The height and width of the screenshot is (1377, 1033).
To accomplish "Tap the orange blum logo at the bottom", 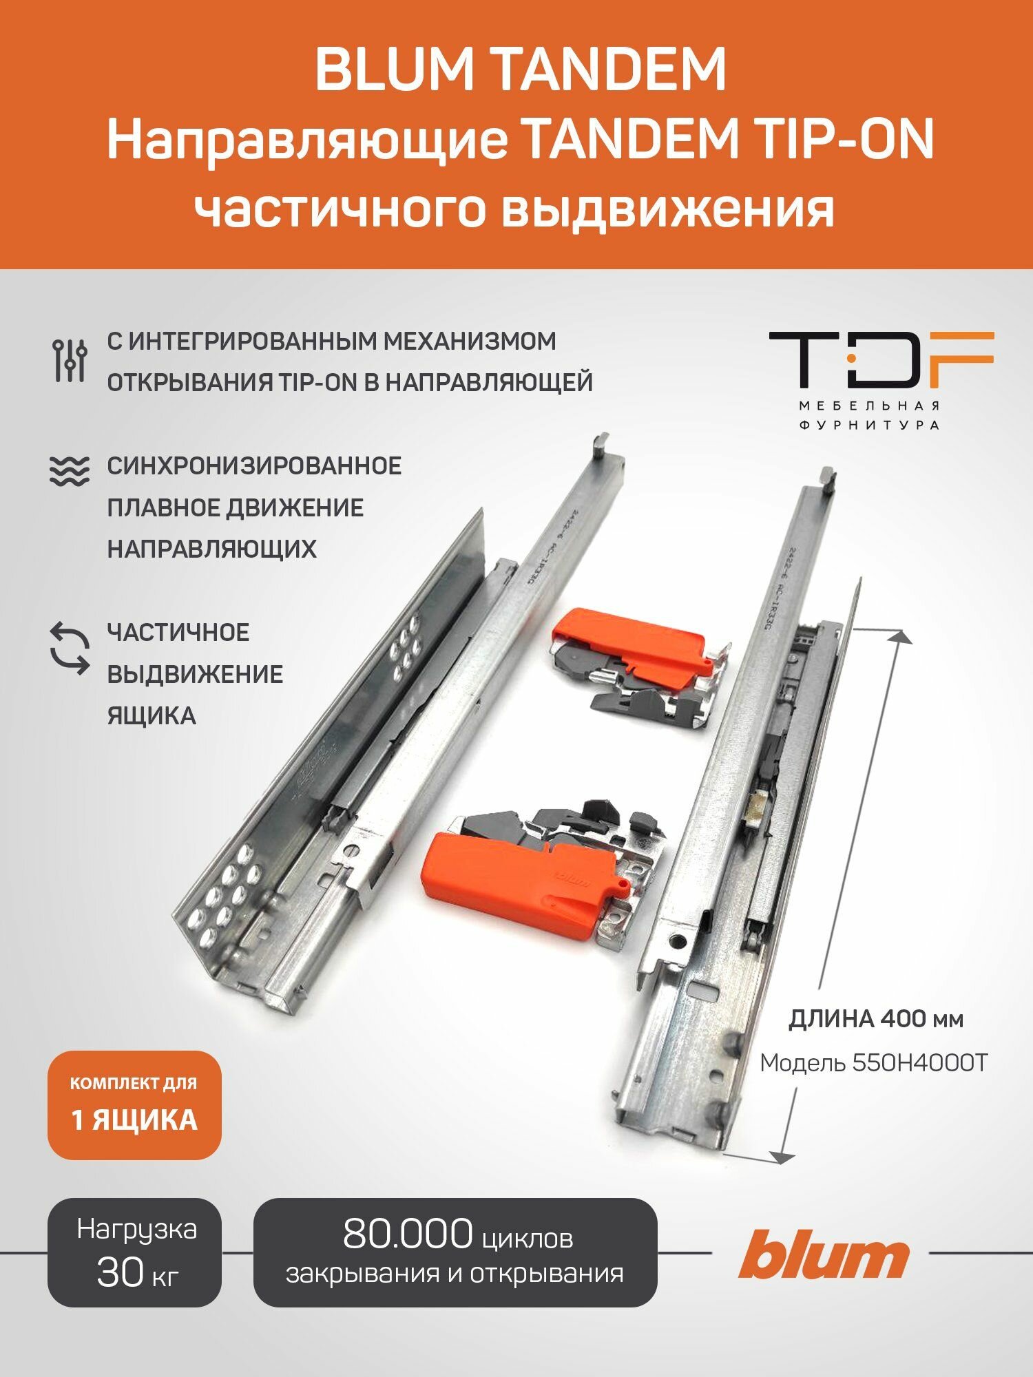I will point(824,1254).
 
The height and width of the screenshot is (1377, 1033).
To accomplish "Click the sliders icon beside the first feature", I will point(70,361).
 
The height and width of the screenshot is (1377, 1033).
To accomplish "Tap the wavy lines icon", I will point(70,472).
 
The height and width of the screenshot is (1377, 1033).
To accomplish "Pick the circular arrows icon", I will point(70,648).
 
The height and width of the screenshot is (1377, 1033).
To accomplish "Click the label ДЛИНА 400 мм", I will point(875,1018).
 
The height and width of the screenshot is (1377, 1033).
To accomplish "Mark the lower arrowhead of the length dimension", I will point(781,1157).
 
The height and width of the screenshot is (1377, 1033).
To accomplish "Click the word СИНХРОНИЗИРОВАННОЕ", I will point(254,466).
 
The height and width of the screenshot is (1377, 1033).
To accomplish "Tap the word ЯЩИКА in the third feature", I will point(152,716).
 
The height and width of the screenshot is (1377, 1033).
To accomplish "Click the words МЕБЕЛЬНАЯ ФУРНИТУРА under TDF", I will point(869,415).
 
